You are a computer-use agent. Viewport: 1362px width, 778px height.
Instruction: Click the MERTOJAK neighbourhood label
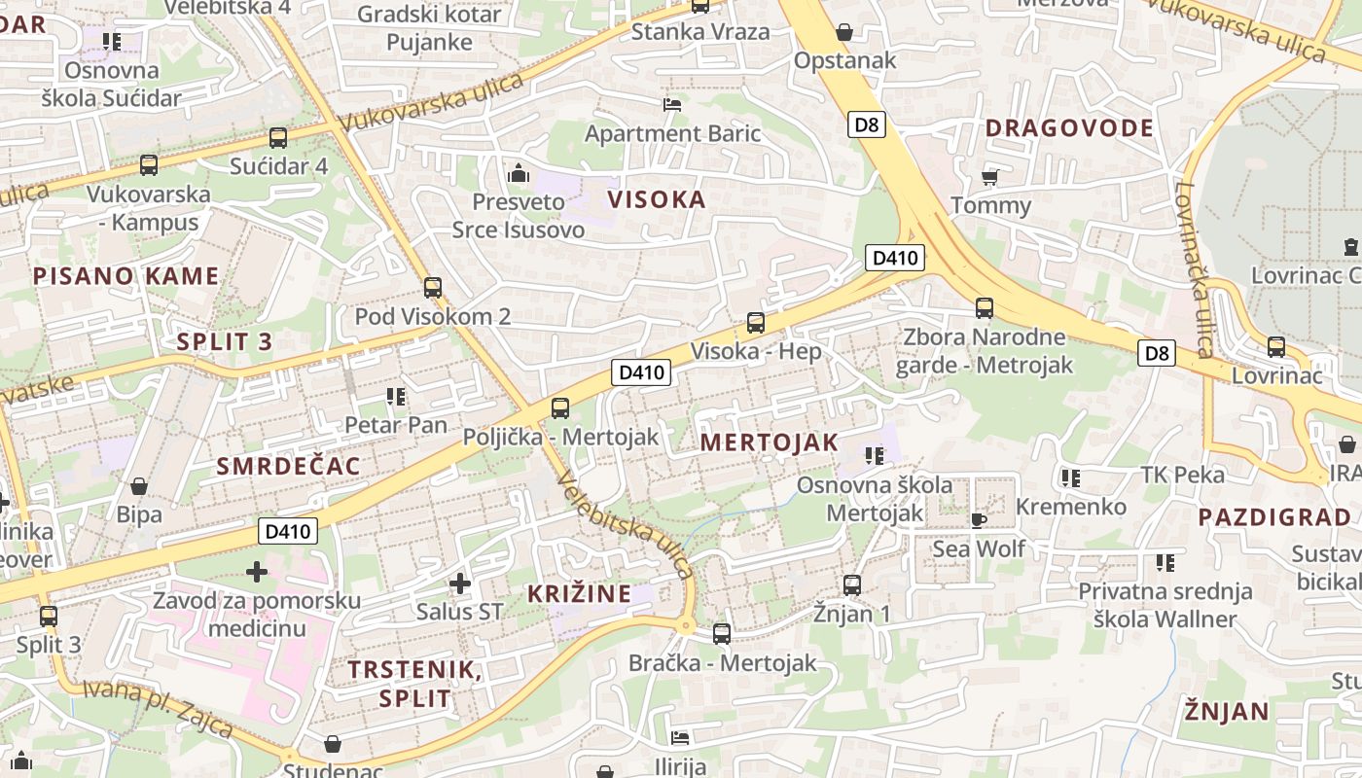pyautogui.click(x=769, y=442)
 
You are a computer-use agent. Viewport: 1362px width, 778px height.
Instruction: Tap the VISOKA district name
pyautogui.click(x=657, y=200)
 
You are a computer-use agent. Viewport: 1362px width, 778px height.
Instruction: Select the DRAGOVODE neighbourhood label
pyautogui.click(x=1069, y=128)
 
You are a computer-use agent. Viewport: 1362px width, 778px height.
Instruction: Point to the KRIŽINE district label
pyautogui.click(x=579, y=593)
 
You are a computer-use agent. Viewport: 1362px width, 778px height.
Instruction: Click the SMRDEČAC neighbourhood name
pyautogui.click(x=288, y=466)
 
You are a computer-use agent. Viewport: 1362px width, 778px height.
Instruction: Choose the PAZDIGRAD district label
pyautogui.click(x=1274, y=517)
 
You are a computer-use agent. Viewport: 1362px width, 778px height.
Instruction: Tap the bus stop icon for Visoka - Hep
pyautogui.click(x=756, y=322)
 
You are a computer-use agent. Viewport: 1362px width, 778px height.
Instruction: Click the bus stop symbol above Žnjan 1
pyautogui.click(x=852, y=584)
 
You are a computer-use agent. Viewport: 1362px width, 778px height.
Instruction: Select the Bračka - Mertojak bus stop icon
pyautogui.click(x=722, y=633)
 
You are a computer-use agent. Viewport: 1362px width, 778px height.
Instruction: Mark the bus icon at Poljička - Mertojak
pyautogui.click(x=560, y=408)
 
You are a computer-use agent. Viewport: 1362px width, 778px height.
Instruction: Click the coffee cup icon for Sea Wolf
pyautogui.click(x=979, y=520)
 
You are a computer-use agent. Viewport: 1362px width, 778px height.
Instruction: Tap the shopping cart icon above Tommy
pyautogui.click(x=990, y=177)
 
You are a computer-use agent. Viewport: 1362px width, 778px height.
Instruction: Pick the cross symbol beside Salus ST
pyautogui.click(x=460, y=583)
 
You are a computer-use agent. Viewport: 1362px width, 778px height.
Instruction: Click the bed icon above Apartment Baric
pyautogui.click(x=672, y=104)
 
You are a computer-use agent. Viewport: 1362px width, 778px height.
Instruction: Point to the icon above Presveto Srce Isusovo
pyautogui.click(x=518, y=174)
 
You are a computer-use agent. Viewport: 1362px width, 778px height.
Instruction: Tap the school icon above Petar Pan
pyautogui.click(x=395, y=396)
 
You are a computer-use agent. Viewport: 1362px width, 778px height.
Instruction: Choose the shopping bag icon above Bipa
pyautogui.click(x=139, y=486)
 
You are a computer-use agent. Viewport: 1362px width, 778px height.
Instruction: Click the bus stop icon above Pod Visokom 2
pyautogui.click(x=433, y=288)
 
